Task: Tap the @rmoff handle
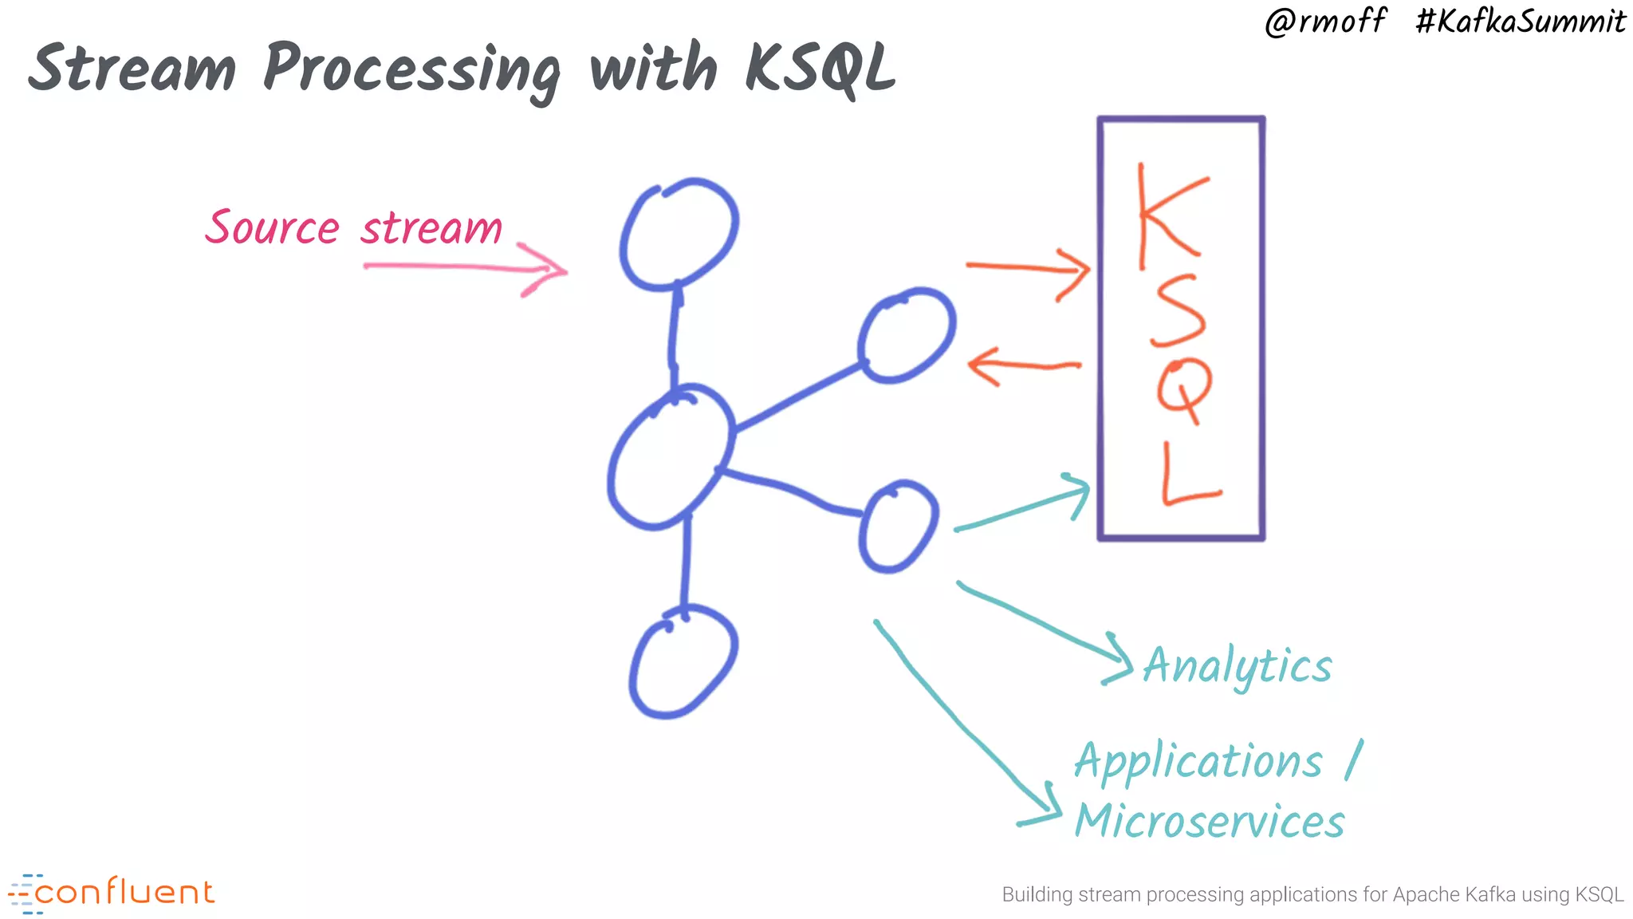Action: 1325,22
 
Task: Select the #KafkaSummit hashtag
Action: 1520,22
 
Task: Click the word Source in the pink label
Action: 273,228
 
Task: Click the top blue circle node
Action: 679,235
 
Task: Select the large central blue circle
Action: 670,459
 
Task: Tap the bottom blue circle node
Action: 683,662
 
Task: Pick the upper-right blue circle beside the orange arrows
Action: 907,335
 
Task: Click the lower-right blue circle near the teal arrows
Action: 898,527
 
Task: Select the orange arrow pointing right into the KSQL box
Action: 1029,269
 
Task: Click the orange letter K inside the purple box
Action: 1168,215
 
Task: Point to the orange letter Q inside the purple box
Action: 1183,391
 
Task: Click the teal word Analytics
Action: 1237,667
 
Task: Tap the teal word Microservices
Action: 1210,822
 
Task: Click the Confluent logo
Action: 112,893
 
